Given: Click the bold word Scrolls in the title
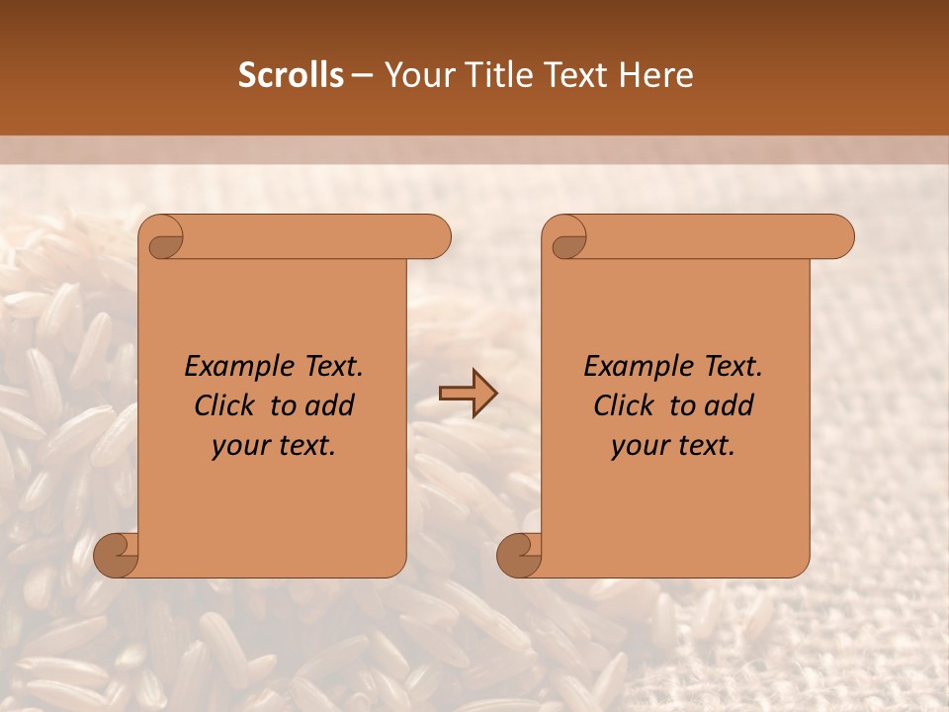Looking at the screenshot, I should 292,75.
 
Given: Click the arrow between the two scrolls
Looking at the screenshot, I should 469,394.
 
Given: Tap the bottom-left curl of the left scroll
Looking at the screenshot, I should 117,554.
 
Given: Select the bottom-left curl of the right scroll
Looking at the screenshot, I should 520,554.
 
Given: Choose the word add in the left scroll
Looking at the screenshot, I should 330,405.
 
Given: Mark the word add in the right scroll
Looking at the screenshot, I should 730,405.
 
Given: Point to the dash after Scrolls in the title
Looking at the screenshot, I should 363,75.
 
